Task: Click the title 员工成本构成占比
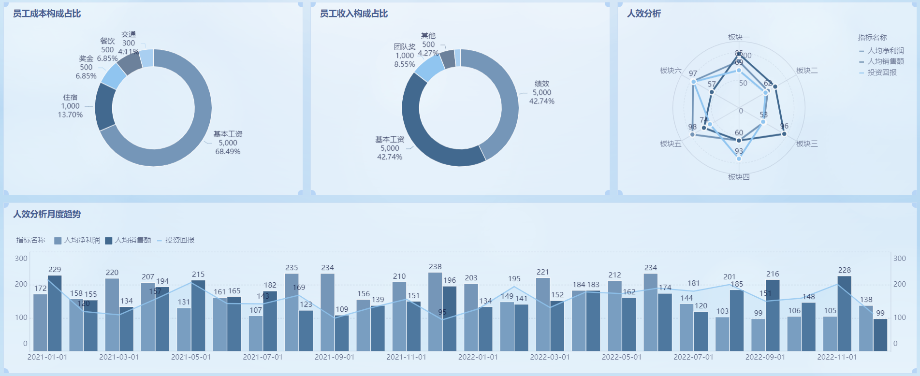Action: click(x=47, y=14)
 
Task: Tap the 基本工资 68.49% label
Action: click(x=228, y=143)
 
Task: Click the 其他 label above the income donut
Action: click(x=428, y=36)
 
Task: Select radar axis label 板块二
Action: click(x=807, y=71)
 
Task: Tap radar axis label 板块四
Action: click(x=739, y=177)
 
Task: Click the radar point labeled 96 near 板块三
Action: click(x=784, y=134)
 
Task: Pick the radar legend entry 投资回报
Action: click(x=881, y=72)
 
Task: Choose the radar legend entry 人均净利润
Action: click(x=885, y=51)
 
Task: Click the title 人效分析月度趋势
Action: click(x=47, y=214)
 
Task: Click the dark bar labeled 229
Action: click(x=55, y=313)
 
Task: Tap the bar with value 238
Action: click(x=435, y=312)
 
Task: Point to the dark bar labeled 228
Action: click(x=845, y=313)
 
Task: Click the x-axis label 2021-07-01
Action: click(x=263, y=357)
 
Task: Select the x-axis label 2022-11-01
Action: click(x=837, y=357)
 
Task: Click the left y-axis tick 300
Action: click(x=21, y=259)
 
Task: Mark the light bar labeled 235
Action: click(x=292, y=312)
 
